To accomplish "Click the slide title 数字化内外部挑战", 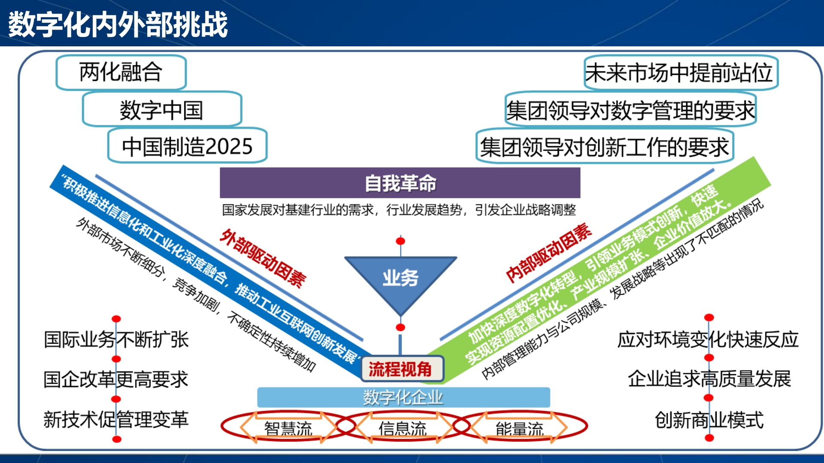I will click(x=118, y=24).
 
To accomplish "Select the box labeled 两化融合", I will click(x=121, y=72).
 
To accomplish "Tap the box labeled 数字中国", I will click(x=161, y=110).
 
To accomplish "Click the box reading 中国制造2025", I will click(x=187, y=146).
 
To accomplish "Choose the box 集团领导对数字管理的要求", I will click(x=630, y=110).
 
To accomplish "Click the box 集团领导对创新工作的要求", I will click(x=605, y=147).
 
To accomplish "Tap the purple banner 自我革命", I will click(x=400, y=183).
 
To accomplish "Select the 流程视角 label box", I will click(x=400, y=369).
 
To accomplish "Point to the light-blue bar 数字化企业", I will click(x=403, y=397).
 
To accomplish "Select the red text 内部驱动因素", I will click(x=548, y=253).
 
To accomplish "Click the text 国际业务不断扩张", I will click(x=116, y=339).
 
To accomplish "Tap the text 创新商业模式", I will click(x=709, y=420).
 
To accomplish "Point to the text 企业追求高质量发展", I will click(x=709, y=379).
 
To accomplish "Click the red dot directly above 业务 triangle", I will click(x=401, y=241).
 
